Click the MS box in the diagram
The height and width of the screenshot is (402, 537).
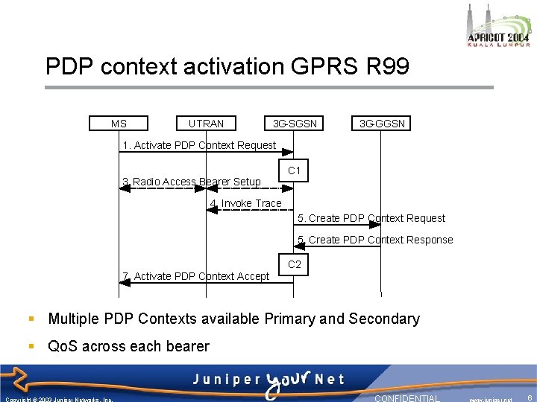click(x=119, y=124)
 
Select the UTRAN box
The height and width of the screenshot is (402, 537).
click(x=206, y=124)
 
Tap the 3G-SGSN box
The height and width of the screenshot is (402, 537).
click(x=295, y=124)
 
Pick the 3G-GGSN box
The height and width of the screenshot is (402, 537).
click(x=382, y=124)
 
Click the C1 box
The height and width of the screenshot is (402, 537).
click(x=295, y=171)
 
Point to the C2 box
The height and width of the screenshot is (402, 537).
click(x=295, y=264)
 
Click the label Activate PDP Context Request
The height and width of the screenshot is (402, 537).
click(x=199, y=145)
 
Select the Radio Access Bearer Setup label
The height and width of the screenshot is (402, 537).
click(x=192, y=182)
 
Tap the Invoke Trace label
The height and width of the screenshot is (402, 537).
click(x=246, y=203)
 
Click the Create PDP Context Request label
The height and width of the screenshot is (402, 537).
click(x=371, y=218)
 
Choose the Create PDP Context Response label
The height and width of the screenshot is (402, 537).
click(x=375, y=240)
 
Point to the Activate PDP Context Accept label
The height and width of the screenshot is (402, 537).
click(x=195, y=276)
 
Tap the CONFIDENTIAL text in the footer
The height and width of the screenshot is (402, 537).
click(x=407, y=398)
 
